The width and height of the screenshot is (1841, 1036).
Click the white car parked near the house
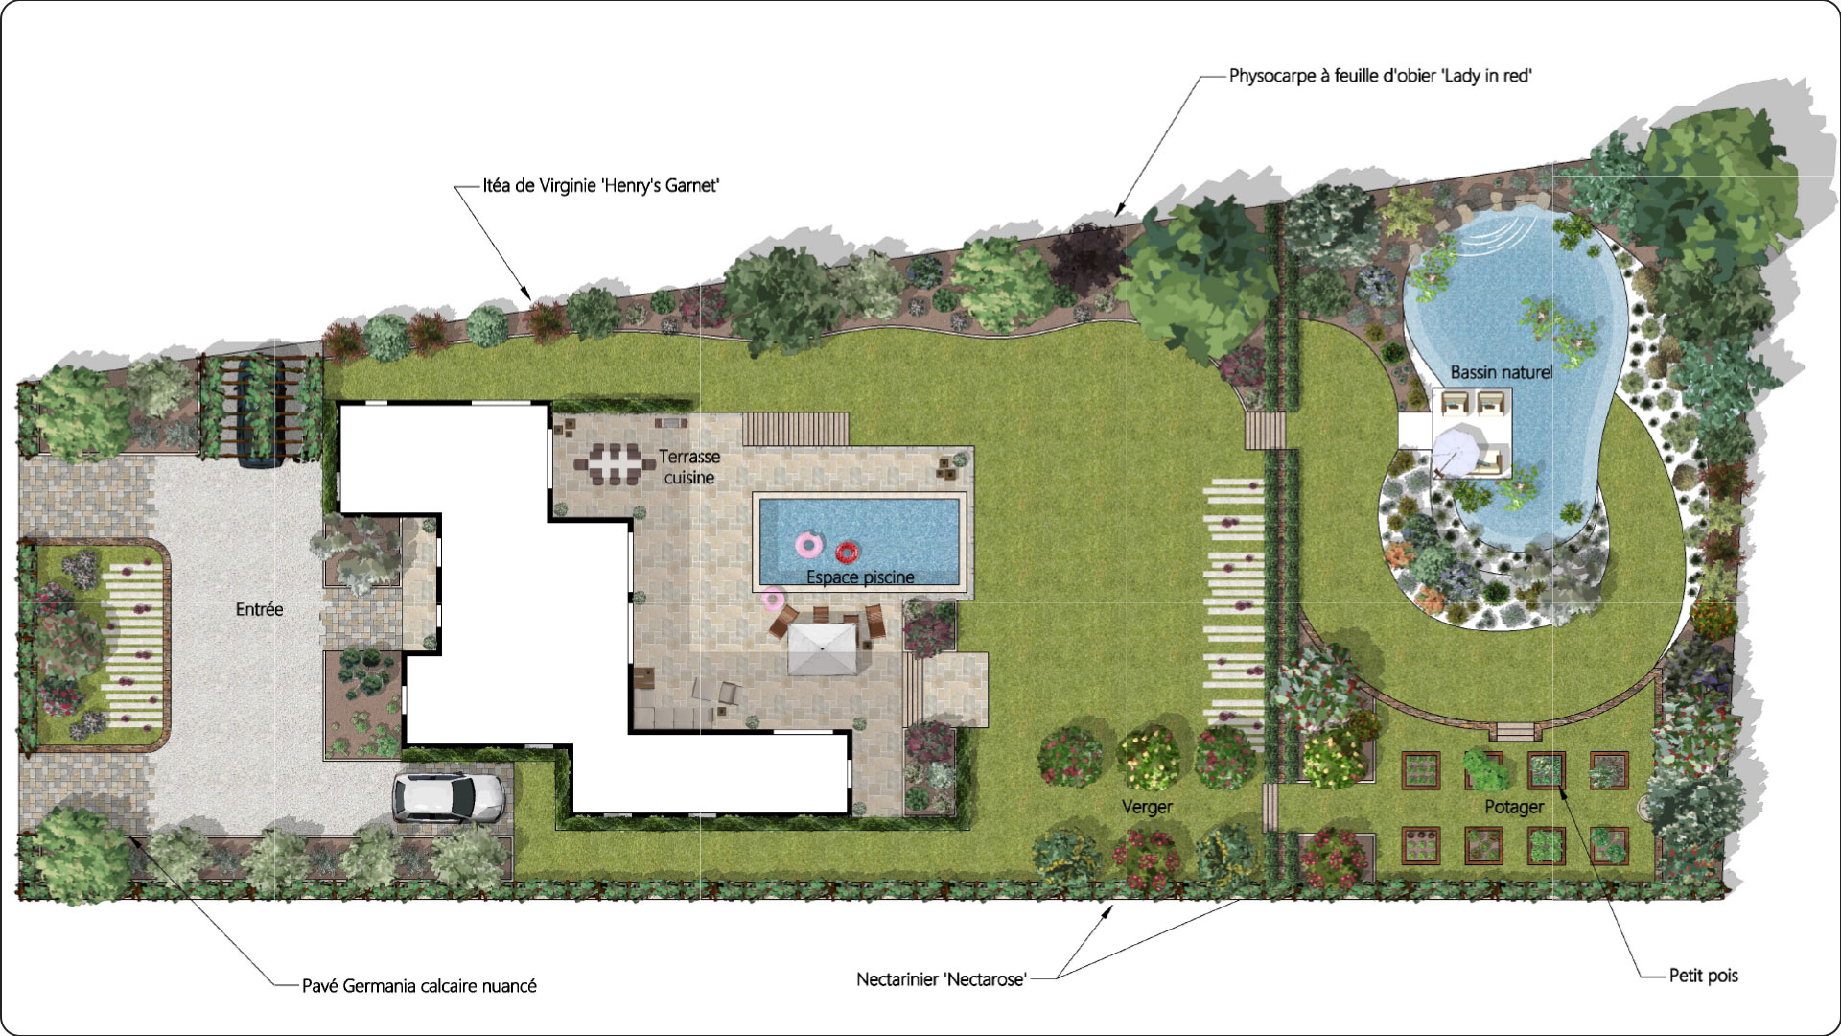(448, 797)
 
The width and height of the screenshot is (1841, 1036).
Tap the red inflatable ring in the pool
(846, 553)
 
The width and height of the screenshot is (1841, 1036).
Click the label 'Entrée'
(259, 609)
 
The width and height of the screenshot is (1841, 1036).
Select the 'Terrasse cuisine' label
(689, 467)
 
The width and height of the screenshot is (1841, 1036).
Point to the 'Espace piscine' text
(860, 577)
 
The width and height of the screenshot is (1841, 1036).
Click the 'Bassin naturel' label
(1501, 372)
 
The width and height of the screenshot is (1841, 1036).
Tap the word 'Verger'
(1147, 807)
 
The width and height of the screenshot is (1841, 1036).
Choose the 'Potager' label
(1514, 807)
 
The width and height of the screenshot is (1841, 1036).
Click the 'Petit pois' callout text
(1704, 976)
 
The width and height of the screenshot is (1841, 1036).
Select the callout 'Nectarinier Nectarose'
(942, 979)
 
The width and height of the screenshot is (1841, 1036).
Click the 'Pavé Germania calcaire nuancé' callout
(419, 986)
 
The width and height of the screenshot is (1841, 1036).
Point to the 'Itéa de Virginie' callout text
(601, 186)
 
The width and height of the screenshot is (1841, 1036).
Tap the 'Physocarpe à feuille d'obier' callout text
(1381, 76)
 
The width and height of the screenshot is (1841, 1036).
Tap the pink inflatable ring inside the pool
(808, 546)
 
